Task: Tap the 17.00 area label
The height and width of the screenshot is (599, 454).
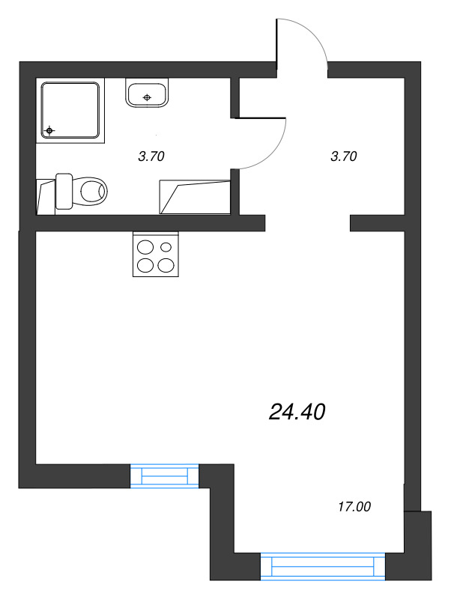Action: pos(354,507)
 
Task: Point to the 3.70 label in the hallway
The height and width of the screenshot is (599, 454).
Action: pos(343,156)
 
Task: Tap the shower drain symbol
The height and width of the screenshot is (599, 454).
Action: pos(50,131)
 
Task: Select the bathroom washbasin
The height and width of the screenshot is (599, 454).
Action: pos(148,94)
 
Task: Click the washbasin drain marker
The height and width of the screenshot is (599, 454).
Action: pos(148,97)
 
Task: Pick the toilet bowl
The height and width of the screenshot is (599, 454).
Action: pos(91,192)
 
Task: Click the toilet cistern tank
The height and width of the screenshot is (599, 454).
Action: pos(64,192)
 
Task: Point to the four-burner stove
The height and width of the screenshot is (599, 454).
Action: pos(157,254)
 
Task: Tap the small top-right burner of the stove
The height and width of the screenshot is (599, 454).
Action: pos(166,246)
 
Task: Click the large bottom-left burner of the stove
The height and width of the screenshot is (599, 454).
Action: pos(145,264)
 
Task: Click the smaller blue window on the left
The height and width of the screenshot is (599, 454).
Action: pos(165,475)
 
